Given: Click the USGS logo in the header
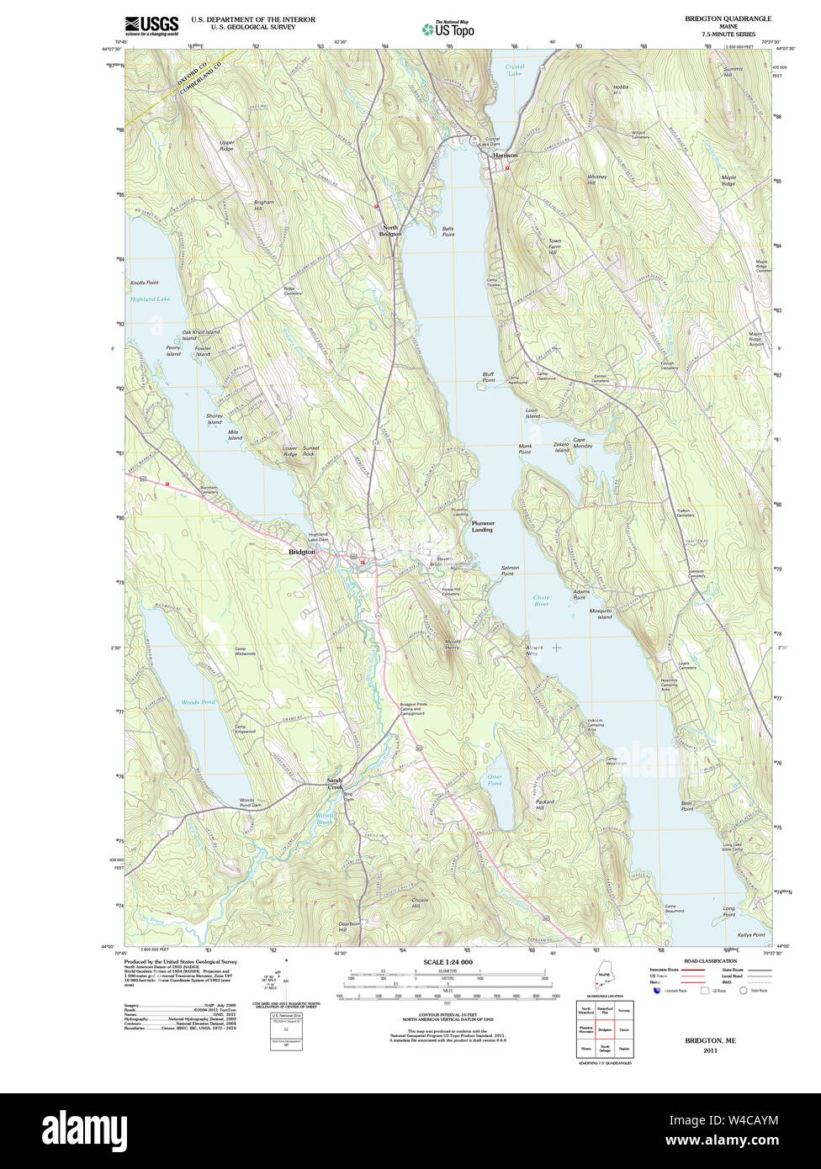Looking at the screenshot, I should coord(151,26).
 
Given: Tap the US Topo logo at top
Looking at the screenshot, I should coord(448,29).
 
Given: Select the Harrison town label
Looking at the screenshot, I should coord(505,156).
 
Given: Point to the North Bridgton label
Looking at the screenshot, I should coord(390,230).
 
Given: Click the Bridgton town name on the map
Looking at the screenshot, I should coord(301,552).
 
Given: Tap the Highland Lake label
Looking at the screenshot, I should coord(150,299).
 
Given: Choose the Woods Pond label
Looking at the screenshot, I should coord(198,702).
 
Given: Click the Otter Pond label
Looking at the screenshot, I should coord(495,780).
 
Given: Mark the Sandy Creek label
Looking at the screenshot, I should coord(336,783).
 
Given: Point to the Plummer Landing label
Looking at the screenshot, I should coord(482,526).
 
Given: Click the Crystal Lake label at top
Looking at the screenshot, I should coord(515,70).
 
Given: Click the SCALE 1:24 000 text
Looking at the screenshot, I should coord(448,962).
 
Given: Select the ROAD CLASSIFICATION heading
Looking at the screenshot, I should coord(710,961).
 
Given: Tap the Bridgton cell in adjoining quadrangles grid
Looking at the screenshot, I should coord(604,1029).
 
